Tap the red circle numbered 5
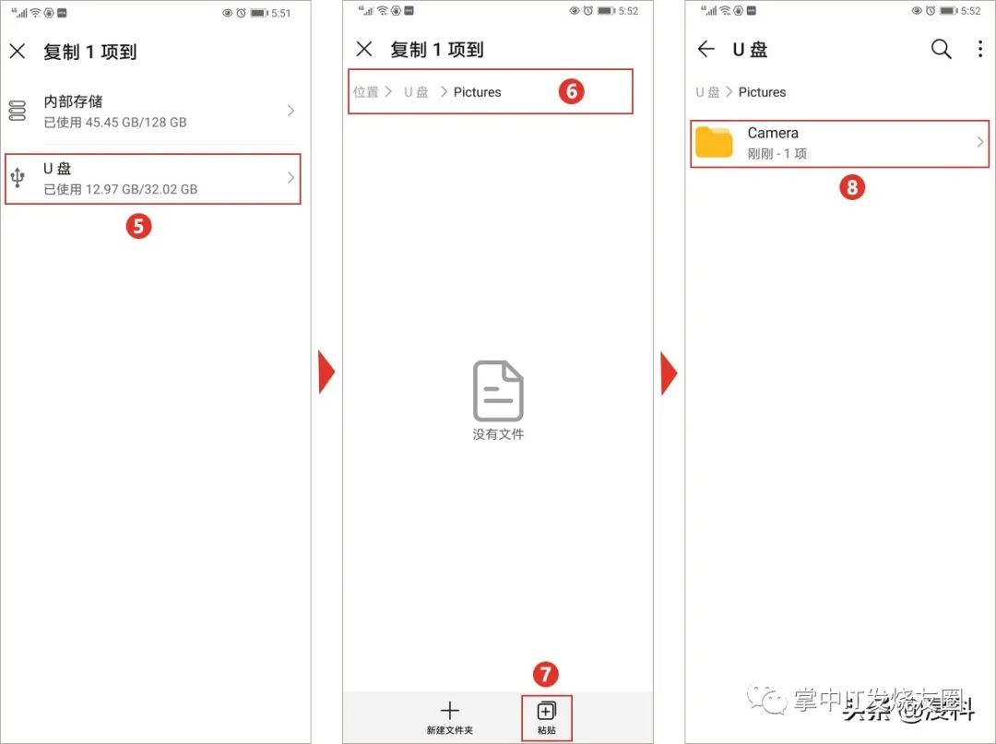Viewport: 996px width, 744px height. pyautogui.click(x=138, y=226)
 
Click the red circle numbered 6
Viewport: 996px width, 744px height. pyautogui.click(x=572, y=91)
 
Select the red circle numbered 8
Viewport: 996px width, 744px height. pyautogui.click(x=851, y=188)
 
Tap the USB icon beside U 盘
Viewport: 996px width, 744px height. pyautogui.click(x=18, y=178)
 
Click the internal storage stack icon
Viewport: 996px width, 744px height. pyautogui.click(x=18, y=111)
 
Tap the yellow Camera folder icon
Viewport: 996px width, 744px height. pyautogui.click(x=714, y=142)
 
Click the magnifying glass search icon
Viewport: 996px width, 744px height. pyautogui.click(x=941, y=49)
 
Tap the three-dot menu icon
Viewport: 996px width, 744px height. pyautogui.click(x=979, y=49)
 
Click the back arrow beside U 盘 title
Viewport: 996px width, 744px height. pyautogui.click(x=706, y=49)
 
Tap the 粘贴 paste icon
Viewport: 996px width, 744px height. pyautogui.click(x=546, y=710)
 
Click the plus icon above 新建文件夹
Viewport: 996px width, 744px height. pyautogui.click(x=449, y=710)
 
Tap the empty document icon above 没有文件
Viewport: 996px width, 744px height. pyautogui.click(x=498, y=391)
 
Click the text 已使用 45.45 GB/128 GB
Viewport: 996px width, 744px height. pyautogui.click(x=115, y=122)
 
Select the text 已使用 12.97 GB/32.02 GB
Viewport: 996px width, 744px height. pyautogui.click(x=121, y=189)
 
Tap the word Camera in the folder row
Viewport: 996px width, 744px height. pyautogui.click(x=773, y=133)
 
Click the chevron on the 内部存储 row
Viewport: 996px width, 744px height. pyautogui.click(x=290, y=111)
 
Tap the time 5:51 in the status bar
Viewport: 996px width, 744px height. pyautogui.click(x=280, y=12)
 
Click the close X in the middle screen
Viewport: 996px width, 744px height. pyautogui.click(x=364, y=49)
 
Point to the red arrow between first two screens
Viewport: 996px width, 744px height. pyautogui.click(x=326, y=372)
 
